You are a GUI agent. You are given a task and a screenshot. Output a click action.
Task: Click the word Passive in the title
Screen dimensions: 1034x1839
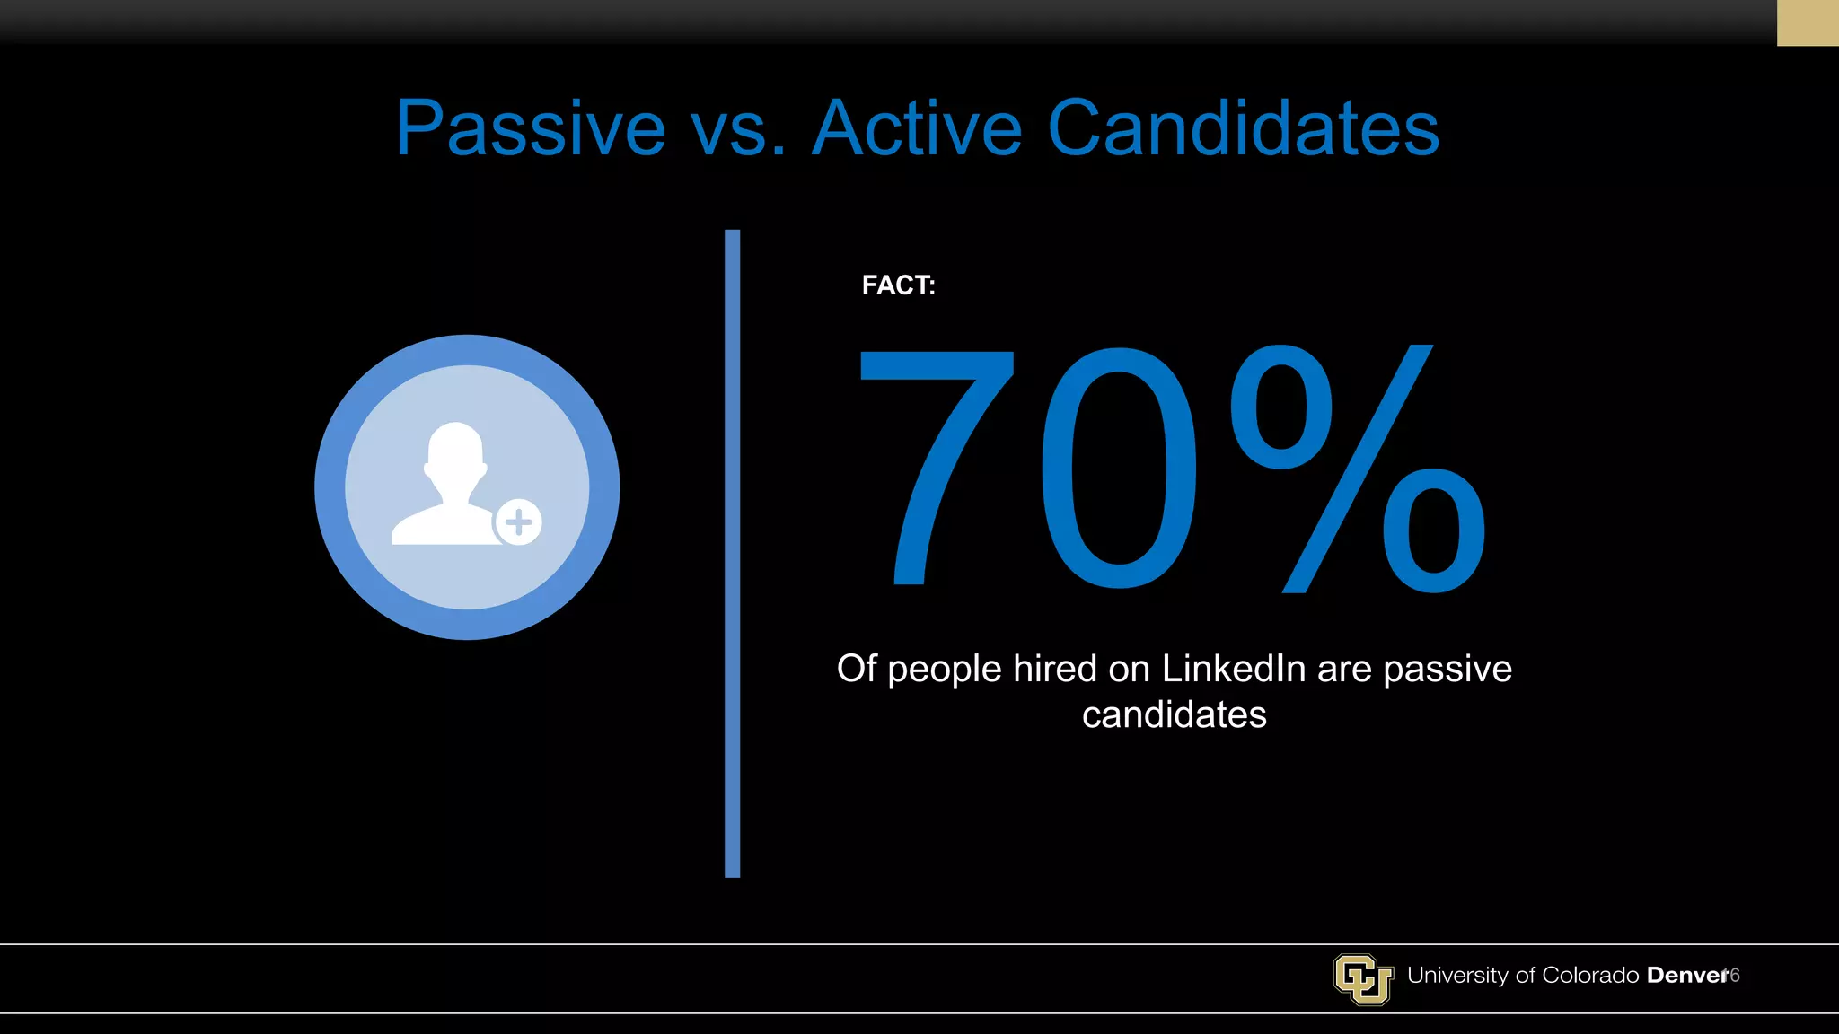click(531, 128)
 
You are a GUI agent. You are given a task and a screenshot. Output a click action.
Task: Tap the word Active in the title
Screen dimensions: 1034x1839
click(917, 128)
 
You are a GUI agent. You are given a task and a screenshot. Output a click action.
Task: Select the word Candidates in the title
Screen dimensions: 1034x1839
click(1244, 128)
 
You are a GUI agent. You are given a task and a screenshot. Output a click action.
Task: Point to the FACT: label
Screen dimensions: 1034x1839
click(898, 285)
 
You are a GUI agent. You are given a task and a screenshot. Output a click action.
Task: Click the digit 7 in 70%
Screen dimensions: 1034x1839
click(938, 467)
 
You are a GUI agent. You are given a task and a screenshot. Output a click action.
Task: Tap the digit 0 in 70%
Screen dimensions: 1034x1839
click(1118, 467)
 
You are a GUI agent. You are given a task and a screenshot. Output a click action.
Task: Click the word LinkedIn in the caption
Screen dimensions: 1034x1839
click(1234, 669)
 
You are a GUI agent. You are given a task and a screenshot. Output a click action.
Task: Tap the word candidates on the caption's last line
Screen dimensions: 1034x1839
click(1174, 715)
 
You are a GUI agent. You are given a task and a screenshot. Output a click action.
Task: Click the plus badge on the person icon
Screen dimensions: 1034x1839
click(519, 521)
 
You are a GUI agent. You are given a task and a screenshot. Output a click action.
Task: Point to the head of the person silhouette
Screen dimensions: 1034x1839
click(455, 449)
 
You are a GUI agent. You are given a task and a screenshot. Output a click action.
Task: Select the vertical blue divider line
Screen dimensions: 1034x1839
click(732, 553)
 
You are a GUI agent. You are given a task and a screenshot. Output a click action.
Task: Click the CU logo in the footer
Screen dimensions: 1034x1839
click(1362, 978)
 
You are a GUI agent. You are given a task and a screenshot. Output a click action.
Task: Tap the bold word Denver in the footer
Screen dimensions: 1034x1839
click(1686, 976)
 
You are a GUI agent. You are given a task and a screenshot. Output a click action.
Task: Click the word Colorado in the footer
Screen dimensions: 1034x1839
click(1590, 976)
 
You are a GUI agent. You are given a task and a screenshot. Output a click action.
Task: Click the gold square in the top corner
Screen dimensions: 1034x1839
click(1807, 22)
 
